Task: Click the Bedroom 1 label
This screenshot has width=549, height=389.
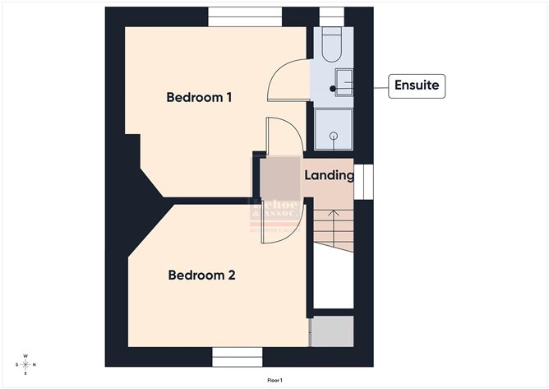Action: point(199,97)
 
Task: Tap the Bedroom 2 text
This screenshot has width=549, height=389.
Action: point(201,276)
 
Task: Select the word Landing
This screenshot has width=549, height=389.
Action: point(329,175)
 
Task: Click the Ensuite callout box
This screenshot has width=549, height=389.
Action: point(417,85)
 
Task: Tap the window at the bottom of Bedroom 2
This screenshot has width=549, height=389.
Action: point(237,356)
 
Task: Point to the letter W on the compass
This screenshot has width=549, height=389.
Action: point(25,356)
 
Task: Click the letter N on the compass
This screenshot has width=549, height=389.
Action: point(35,365)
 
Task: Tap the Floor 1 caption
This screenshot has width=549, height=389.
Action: point(274,381)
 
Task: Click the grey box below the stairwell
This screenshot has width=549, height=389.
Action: point(332,331)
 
